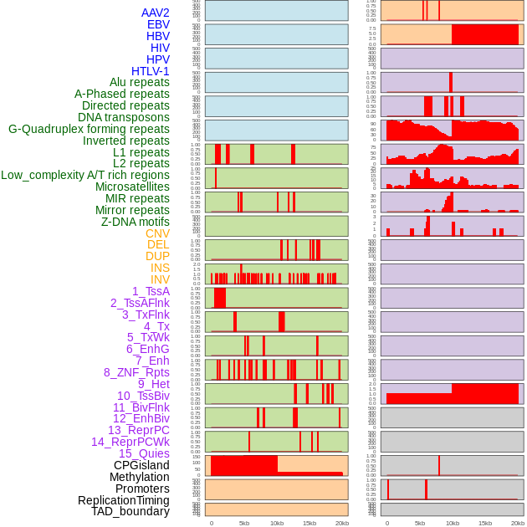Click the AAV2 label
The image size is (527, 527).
point(156,13)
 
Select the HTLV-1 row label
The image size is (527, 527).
point(151,71)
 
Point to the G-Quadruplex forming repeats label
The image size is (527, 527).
point(89,129)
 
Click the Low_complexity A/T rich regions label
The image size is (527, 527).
point(85,175)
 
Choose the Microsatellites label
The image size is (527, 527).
point(132,187)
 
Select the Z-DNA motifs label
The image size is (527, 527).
point(136,222)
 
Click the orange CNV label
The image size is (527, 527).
point(157,233)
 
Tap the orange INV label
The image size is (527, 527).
point(160,279)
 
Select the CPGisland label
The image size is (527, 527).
point(141,465)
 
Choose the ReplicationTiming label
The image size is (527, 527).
point(124,500)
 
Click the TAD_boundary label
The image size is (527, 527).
point(130,511)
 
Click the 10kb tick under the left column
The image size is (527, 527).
point(277,523)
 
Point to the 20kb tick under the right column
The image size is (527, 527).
point(518,523)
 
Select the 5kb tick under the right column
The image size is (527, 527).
point(420,523)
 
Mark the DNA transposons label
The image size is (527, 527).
point(124,117)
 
